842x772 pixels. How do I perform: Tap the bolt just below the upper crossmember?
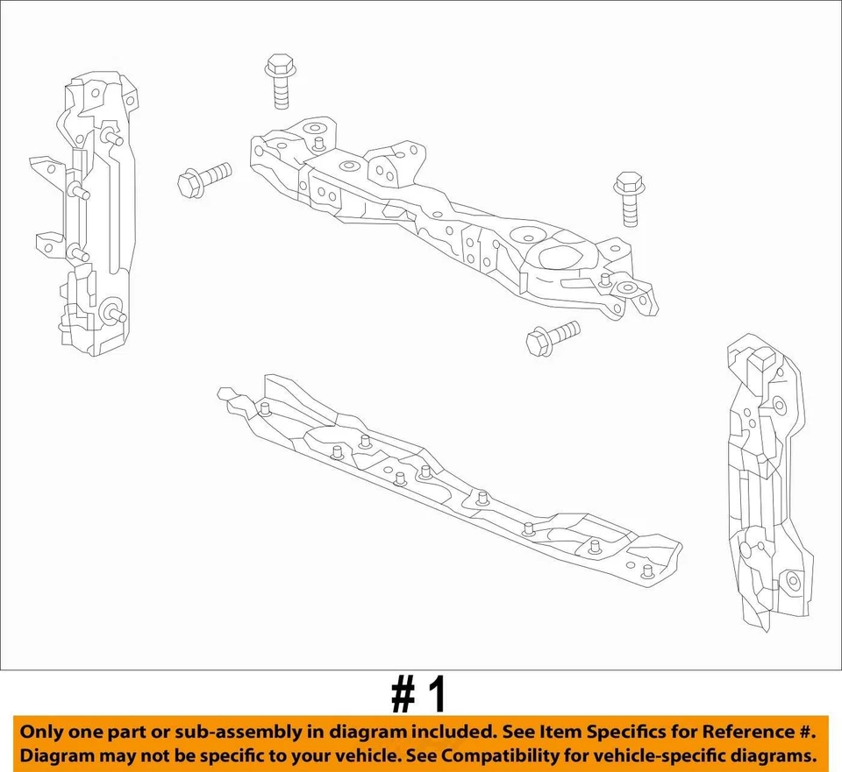[x=552, y=337]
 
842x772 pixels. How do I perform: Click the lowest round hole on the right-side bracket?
[x=793, y=581]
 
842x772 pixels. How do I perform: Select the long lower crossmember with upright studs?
[x=447, y=482]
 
